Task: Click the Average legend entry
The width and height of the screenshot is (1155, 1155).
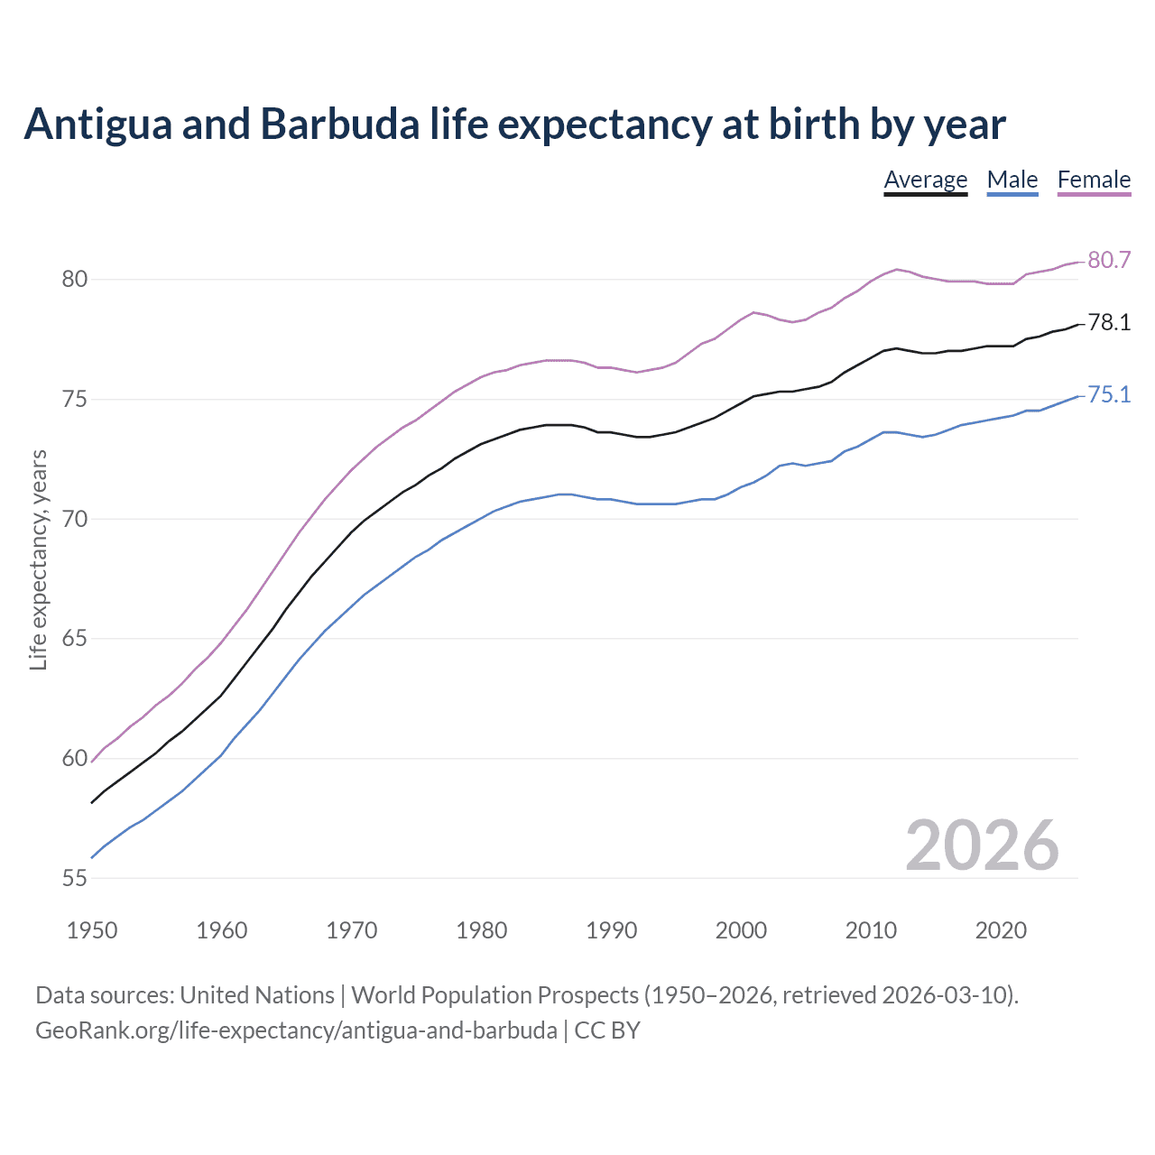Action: tap(925, 180)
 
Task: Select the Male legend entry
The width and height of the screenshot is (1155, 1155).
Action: tap(1012, 180)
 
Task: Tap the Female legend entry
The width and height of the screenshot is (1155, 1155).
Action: tap(1094, 180)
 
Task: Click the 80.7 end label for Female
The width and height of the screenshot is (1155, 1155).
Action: tap(1109, 260)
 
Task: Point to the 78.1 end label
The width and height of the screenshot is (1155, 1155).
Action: tap(1109, 323)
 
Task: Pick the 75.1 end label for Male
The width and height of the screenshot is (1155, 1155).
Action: tap(1109, 395)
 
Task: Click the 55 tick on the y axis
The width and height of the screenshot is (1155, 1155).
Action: tap(75, 878)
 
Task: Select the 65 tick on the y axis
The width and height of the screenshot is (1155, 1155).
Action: tap(75, 639)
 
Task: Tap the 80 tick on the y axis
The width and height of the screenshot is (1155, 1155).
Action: tap(75, 280)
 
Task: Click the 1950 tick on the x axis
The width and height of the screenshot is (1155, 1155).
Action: tap(92, 930)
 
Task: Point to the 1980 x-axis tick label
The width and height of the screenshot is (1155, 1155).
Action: tap(482, 930)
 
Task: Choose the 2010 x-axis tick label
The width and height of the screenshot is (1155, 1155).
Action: tap(871, 930)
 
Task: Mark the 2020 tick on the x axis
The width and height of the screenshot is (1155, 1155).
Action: tap(1001, 930)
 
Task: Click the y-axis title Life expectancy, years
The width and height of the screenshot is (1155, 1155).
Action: tap(38, 559)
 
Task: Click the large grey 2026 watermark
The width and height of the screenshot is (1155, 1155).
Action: tap(982, 845)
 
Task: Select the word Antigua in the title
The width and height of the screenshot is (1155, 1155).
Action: tap(97, 125)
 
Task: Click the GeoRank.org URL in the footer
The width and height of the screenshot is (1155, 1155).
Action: tap(296, 1030)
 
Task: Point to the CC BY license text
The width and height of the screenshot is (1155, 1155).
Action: tap(607, 1030)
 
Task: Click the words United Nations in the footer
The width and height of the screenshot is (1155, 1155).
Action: tap(257, 995)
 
